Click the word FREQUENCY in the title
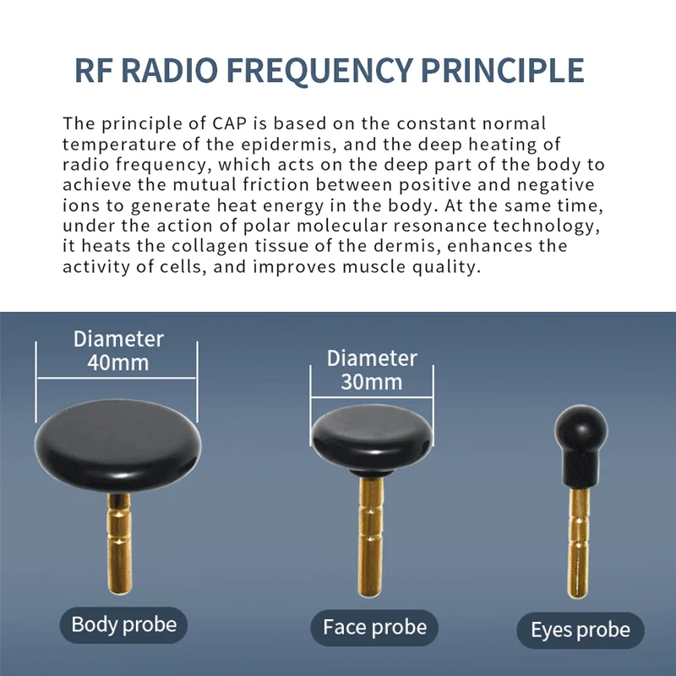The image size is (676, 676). click(319, 71)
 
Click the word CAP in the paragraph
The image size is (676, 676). click(229, 123)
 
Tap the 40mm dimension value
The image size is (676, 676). click(118, 363)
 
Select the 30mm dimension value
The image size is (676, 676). click(372, 382)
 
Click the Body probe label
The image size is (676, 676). click(123, 624)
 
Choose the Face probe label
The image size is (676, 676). click(374, 627)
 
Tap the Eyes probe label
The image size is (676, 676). click(581, 630)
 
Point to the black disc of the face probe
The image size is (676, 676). click(372, 438)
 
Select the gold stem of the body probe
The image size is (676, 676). click(119, 544)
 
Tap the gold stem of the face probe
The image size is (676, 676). click(370, 537)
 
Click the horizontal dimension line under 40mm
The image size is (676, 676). click(117, 378)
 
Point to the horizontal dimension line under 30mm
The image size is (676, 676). click(372, 397)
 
